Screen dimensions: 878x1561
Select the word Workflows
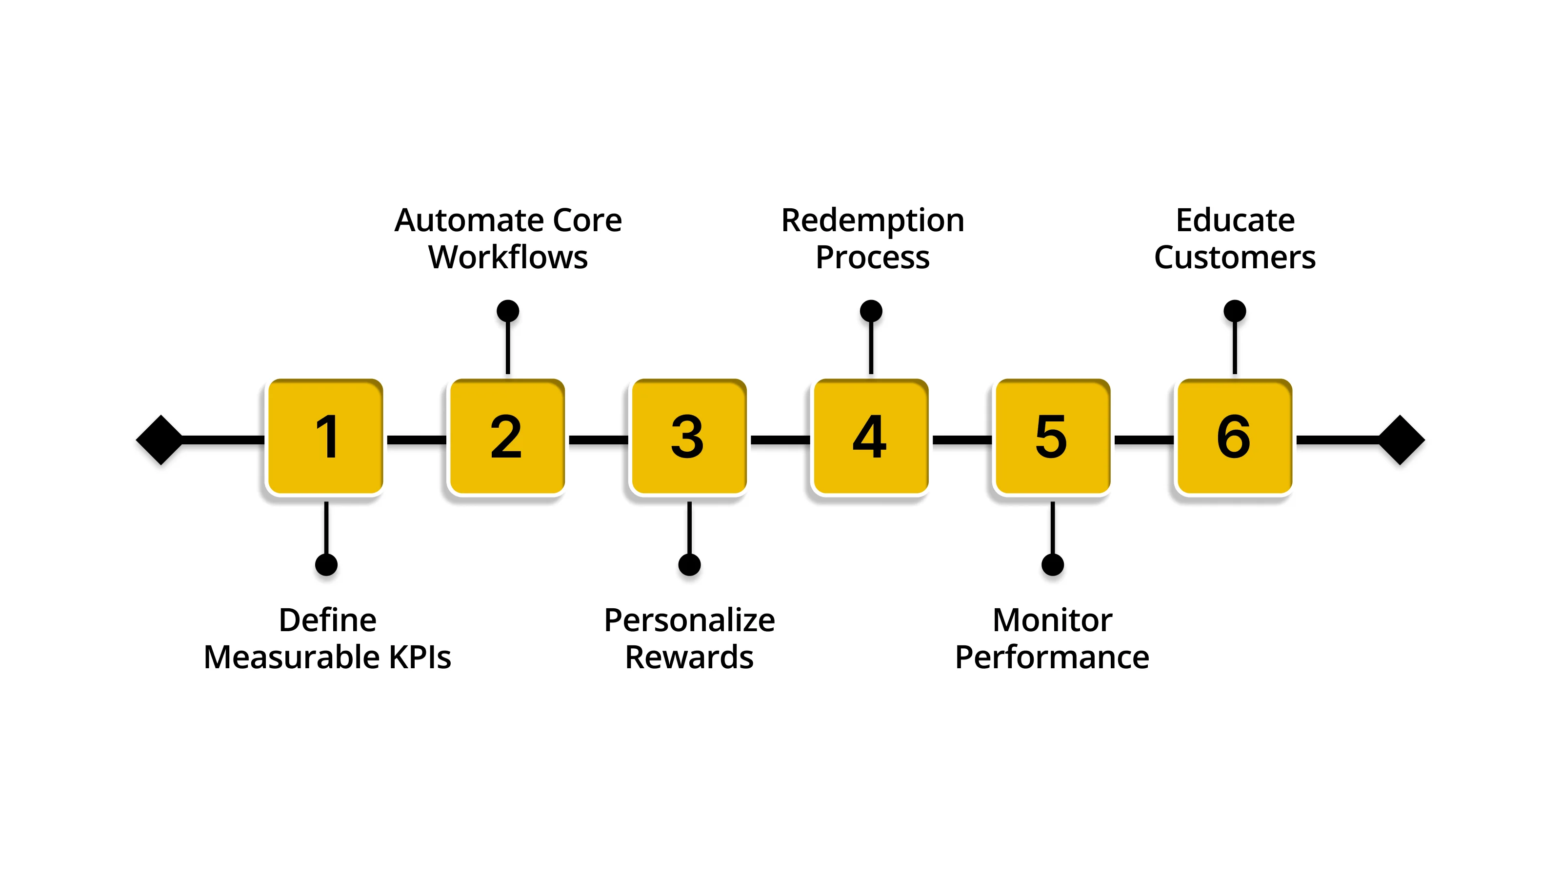coord(508,257)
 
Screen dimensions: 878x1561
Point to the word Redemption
coord(872,221)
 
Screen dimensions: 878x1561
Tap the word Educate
coord(1235,220)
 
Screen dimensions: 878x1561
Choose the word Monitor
coord(1052,620)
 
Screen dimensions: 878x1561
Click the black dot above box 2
coord(508,311)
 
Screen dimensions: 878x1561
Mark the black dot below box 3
coord(689,565)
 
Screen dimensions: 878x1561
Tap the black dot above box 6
coord(1234,311)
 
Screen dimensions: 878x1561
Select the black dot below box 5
coord(1053,565)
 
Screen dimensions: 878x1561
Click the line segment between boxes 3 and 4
coord(780,440)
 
